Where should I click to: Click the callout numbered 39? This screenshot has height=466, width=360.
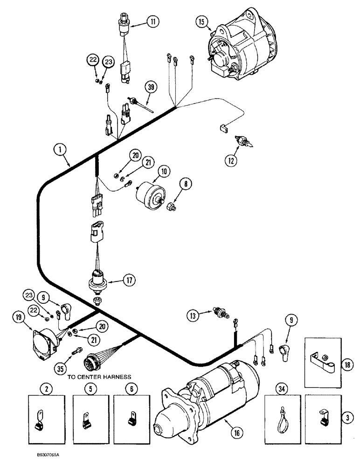click(151, 87)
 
